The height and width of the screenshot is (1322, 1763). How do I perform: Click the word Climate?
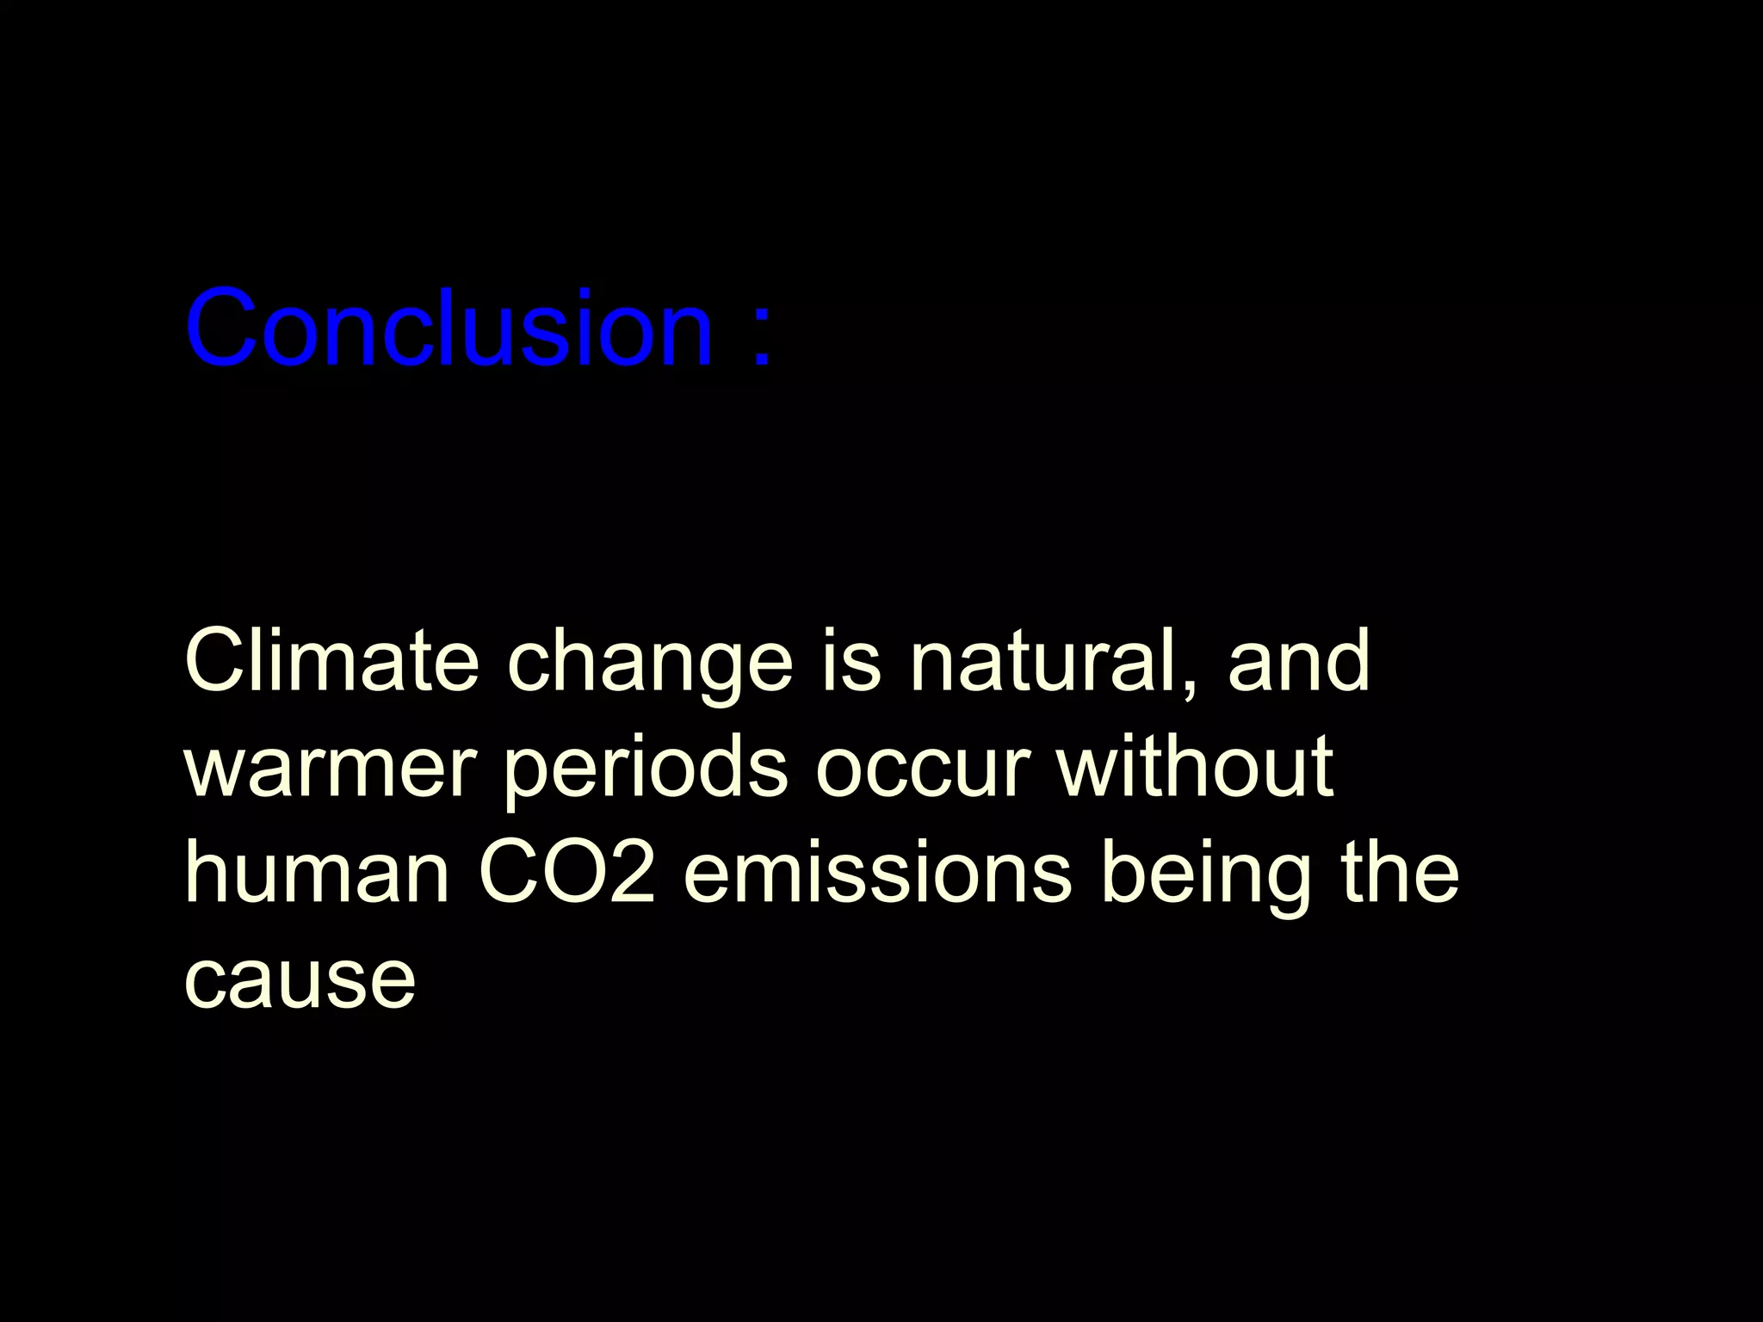(x=331, y=661)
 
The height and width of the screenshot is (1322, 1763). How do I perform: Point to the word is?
(x=851, y=661)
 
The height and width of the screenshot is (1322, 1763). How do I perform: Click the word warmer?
(x=331, y=769)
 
